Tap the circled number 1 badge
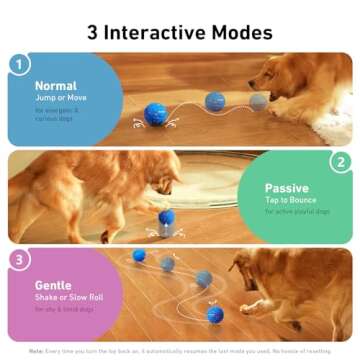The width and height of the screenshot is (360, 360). point(17,65)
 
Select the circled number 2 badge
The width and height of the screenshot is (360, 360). point(342,161)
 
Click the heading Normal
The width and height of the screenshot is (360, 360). point(56,86)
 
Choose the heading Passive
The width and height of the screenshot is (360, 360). point(287,187)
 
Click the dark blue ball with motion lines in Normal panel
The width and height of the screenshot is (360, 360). point(155,114)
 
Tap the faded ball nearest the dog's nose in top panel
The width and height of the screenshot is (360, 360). point(258,101)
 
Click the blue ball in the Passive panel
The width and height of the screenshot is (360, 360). point(167,217)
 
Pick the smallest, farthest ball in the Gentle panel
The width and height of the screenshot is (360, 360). point(139,255)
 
